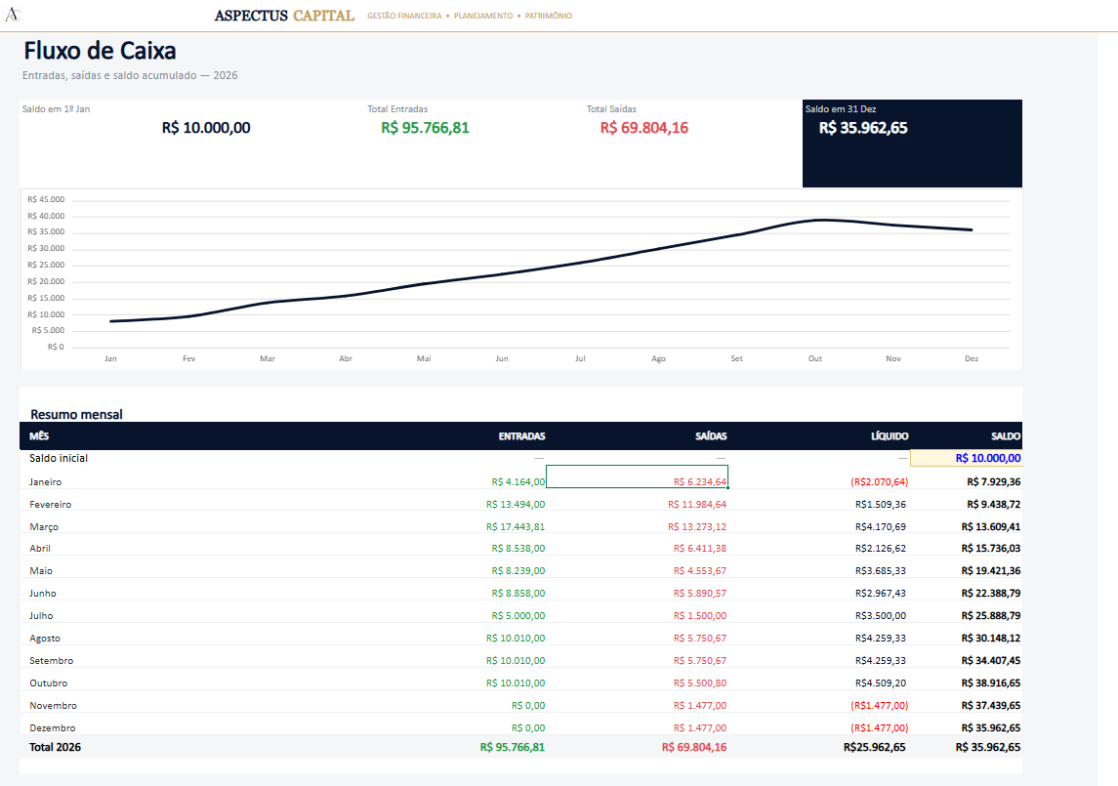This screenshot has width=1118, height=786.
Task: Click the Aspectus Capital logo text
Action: tap(284, 15)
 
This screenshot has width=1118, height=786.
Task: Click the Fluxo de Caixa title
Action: tap(100, 51)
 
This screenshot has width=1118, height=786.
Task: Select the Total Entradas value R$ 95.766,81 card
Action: tap(425, 128)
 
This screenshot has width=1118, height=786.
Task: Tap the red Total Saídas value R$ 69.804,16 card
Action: tap(643, 128)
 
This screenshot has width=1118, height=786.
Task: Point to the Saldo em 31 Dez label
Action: tap(841, 109)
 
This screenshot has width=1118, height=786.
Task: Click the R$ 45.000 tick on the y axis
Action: tap(46, 199)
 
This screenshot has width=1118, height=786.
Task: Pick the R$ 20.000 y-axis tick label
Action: tap(46, 281)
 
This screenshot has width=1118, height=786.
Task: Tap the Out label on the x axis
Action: tap(815, 358)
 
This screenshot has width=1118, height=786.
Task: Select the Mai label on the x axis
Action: tap(424, 358)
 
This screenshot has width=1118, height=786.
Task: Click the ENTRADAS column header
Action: tap(522, 435)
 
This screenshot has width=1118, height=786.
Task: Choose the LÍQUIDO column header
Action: tap(890, 435)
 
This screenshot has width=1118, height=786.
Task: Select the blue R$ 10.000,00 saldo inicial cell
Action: tap(987, 458)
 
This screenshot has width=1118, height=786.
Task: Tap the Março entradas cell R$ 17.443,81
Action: tap(516, 526)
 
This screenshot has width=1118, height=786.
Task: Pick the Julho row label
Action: tap(41, 615)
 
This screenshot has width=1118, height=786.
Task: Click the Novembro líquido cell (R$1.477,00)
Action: tap(879, 705)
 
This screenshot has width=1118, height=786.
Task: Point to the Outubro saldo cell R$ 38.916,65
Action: tap(990, 683)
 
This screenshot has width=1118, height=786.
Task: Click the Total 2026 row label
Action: tap(55, 747)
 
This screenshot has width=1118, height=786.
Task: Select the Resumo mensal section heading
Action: tap(76, 414)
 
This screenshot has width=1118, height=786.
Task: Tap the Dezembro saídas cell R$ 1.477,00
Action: tap(700, 727)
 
